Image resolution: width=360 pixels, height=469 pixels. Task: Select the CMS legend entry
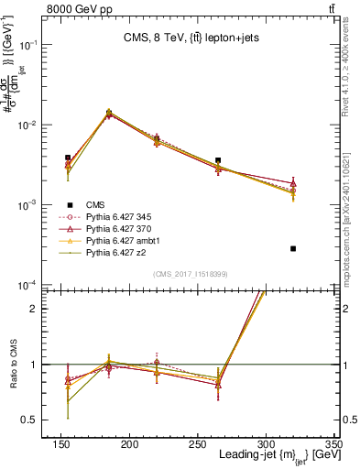coord(94,205)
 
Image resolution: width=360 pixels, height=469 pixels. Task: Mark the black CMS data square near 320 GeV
coord(293,248)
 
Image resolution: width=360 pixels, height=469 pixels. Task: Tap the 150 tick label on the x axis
coord(61,443)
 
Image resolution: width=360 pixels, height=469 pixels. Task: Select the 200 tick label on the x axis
coord(129,443)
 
